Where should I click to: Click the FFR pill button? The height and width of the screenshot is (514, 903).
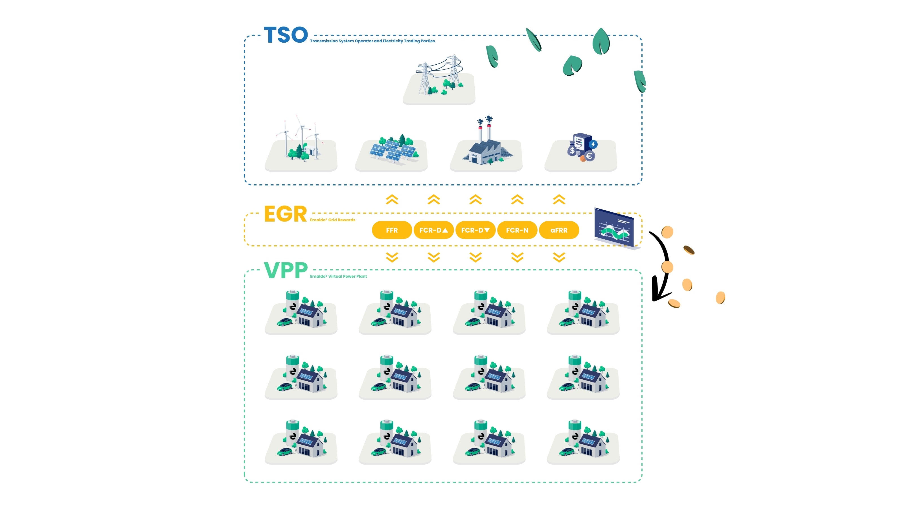(392, 230)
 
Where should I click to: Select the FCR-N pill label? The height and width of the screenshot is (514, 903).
(517, 230)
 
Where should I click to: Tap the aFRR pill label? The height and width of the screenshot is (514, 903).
(559, 230)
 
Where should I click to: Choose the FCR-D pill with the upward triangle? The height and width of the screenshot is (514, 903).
(433, 230)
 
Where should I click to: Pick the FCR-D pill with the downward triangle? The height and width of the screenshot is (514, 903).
(475, 230)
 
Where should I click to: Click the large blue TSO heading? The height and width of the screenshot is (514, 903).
(286, 35)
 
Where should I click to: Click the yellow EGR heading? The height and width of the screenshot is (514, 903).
(285, 214)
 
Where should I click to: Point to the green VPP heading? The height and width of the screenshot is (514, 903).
(286, 270)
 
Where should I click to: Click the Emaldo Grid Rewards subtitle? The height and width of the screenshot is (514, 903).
(332, 220)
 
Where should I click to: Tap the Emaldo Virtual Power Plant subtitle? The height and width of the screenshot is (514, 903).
(338, 276)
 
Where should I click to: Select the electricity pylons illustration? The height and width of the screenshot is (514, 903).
(440, 76)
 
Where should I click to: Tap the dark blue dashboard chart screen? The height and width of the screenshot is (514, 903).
(614, 228)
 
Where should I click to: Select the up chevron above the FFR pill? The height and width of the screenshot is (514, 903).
(392, 200)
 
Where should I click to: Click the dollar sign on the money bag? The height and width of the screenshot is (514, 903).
(572, 151)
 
